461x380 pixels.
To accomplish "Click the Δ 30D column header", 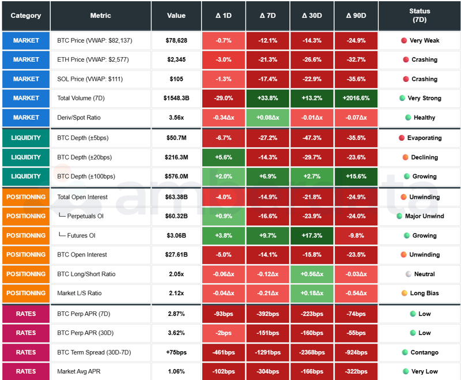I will coord(312,16).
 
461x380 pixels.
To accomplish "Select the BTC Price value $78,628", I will coord(176,40).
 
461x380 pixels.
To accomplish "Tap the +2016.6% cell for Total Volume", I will coord(356,98).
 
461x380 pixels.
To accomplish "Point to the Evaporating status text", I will coord(424,138).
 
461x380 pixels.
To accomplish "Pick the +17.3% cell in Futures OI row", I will coord(312,235).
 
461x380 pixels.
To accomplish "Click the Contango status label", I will coord(424,352).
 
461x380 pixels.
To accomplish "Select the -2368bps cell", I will coord(312,352).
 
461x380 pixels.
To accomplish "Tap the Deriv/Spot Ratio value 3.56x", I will coord(176,118).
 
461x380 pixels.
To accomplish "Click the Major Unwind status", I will coord(424,216).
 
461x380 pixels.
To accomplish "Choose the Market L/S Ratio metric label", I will coord(80,293).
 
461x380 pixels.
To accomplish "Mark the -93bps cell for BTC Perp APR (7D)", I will coord(224,314).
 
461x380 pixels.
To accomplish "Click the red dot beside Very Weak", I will coord(403,40).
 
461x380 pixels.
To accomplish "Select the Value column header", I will coord(176,16).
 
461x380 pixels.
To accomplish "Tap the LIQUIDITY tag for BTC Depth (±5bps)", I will coord(26,138).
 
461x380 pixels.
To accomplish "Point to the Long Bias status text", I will coord(424,293).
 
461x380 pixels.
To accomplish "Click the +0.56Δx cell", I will coord(312,274).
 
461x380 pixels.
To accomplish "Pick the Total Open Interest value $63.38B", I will coord(176,197).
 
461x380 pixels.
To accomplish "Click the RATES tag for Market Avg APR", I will coord(26,371).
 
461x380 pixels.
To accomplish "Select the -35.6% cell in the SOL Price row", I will coord(356,79).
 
